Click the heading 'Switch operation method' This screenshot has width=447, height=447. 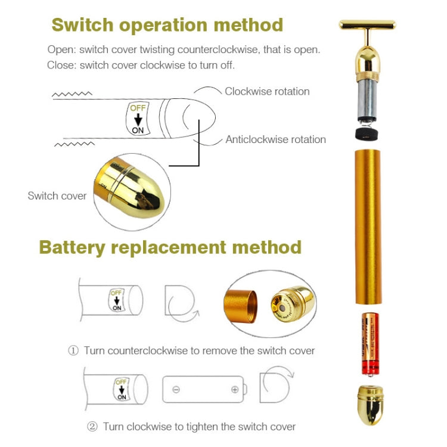[167, 24]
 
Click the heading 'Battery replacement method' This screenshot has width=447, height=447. [170, 247]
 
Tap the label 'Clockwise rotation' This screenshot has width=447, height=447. [267, 91]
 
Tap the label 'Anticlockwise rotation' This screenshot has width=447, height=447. [275, 139]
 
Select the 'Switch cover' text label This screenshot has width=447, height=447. [57, 195]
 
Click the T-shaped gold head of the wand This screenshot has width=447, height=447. [368, 26]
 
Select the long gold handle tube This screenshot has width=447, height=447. [368, 226]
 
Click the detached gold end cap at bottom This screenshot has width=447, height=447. [368, 405]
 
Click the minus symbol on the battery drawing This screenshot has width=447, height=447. [176, 389]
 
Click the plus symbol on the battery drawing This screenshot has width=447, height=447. [235, 389]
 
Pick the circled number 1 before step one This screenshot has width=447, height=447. [73, 350]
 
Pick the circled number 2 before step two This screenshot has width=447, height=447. [92, 426]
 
